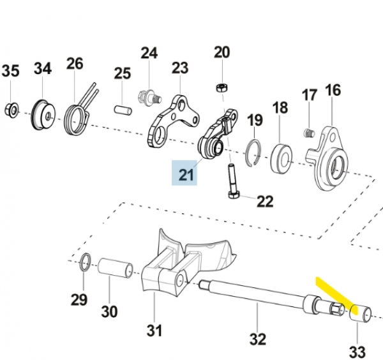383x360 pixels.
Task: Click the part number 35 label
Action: [x=11, y=70]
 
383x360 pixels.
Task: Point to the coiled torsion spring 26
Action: [x=77, y=116]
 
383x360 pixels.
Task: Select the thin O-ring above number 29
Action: [x=85, y=261]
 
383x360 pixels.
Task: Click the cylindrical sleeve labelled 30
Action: [x=115, y=269]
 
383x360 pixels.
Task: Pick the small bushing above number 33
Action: [x=362, y=314]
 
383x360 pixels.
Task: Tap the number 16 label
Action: [x=333, y=89]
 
